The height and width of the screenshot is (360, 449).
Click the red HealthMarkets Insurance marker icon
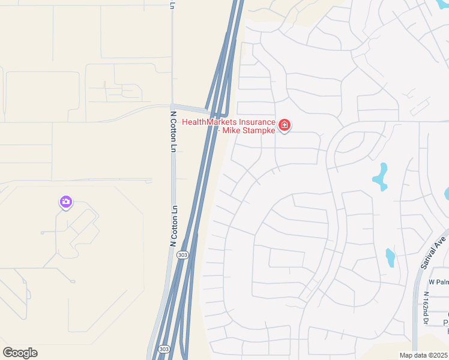pos(285,125)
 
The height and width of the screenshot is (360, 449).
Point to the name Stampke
pos(259,130)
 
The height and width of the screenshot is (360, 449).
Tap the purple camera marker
pos(66,202)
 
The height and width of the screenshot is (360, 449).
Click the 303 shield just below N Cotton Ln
pos(182,255)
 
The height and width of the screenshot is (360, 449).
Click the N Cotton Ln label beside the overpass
pos(173,130)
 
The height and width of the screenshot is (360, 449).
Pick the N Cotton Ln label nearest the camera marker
pos(174,226)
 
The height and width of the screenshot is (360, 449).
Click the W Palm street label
pos(438,282)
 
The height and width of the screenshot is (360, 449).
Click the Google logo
pos(20,353)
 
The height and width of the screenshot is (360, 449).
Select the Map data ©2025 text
pos(423,355)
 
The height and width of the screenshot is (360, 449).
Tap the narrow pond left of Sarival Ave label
pos(390,257)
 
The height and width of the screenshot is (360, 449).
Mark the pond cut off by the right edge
pos(446,193)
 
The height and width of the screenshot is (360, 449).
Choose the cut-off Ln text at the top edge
pos(172,5)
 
